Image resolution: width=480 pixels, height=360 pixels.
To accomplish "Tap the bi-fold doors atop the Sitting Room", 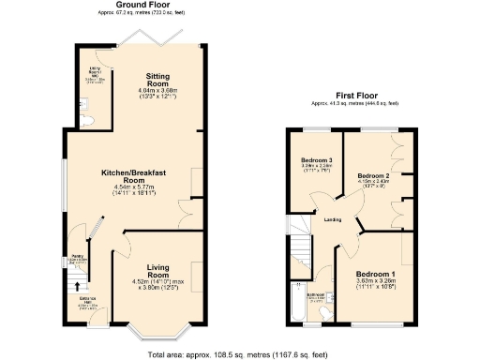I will [155, 38].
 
